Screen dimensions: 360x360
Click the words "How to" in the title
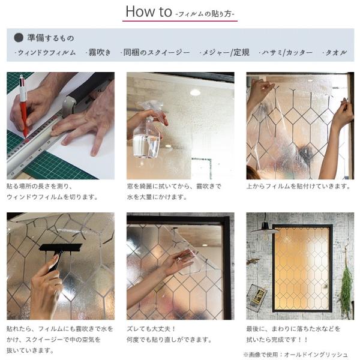pyautogui.click(x=149, y=11)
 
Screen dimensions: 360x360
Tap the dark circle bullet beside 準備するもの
pyautogui.click(x=19, y=38)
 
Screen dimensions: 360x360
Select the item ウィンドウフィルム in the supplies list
pyautogui.click(x=45, y=53)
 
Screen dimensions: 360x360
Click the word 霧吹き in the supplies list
pyautogui.click(x=98, y=53)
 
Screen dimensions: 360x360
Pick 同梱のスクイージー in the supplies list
pyautogui.click(x=155, y=53)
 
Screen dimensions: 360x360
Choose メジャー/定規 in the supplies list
pyautogui.click(x=224, y=53)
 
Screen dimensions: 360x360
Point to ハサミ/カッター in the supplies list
pyautogui.click(x=286, y=53)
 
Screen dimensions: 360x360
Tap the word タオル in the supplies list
pyautogui.click(x=335, y=53)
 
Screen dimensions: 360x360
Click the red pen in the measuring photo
pyautogui.click(x=23, y=108)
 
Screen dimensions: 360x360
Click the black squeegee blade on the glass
pyautogui.click(x=61, y=247)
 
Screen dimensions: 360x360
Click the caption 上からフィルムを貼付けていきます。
pyautogui.click(x=299, y=186)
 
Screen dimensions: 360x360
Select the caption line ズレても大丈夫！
pyautogui.click(x=151, y=329)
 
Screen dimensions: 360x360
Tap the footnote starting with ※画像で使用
pyautogui.click(x=296, y=355)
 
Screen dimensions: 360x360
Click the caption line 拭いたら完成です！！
pyautogui.click(x=277, y=340)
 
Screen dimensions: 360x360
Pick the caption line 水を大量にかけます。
pyautogui.click(x=157, y=197)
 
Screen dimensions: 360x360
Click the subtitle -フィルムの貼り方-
pyautogui.click(x=205, y=14)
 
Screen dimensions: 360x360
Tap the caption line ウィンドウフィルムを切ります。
pyautogui.click(x=53, y=197)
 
